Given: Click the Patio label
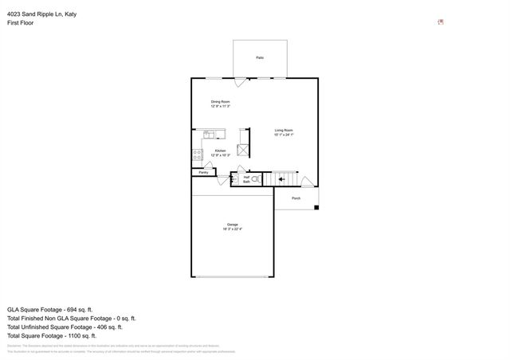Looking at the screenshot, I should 260,58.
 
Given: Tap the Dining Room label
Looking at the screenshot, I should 221,101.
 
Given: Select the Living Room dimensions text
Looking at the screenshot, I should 284,135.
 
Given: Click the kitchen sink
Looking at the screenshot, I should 210,135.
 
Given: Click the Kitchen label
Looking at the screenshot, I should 221,151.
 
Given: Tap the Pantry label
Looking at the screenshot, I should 203,172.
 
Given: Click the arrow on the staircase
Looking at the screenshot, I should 282,179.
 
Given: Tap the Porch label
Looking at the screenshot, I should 296,198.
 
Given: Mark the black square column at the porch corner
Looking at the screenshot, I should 316,208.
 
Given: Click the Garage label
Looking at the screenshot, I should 232,225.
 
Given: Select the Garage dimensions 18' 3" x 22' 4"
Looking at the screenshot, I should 232,229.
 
